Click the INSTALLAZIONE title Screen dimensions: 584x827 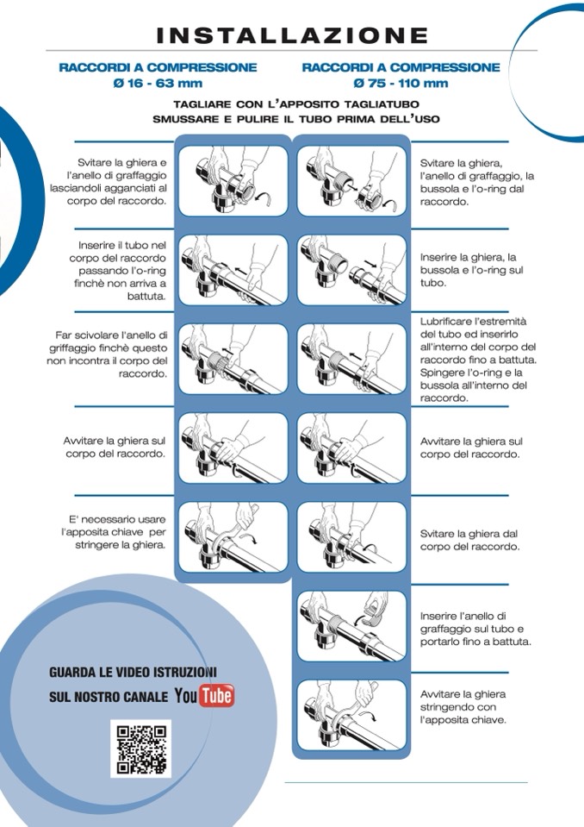click(x=292, y=35)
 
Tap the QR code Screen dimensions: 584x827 click(x=140, y=749)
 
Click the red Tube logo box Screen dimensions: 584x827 click(x=217, y=696)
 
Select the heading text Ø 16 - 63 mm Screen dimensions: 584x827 click(x=158, y=84)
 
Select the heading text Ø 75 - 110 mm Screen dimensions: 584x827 click(x=401, y=84)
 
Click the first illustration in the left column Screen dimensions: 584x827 click(x=233, y=181)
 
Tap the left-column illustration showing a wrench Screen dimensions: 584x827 click(x=233, y=537)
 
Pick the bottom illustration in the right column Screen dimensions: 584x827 click(x=351, y=715)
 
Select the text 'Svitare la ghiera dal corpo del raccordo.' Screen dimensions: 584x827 click(x=469, y=540)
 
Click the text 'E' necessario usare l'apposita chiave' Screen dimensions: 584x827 click(x=113, y=526)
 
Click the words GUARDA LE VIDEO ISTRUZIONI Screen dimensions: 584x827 click(x=133, y=673)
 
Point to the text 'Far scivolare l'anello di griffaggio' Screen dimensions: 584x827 click(x=108, y=341)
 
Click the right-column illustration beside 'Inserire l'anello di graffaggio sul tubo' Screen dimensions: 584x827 click(x=351, y=626)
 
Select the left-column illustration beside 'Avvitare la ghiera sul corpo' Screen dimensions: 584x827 click(x=233, y=448)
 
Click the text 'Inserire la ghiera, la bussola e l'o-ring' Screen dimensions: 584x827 click(x=469, y=264)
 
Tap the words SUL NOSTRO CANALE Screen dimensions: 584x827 click(x=109, y=697)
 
